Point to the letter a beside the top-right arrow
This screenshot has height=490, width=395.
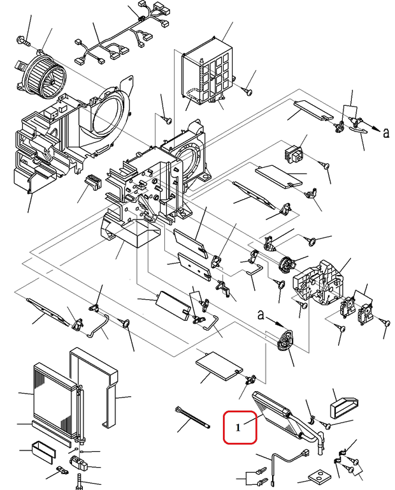point(385,132)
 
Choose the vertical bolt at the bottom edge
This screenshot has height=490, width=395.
point(79,482)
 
